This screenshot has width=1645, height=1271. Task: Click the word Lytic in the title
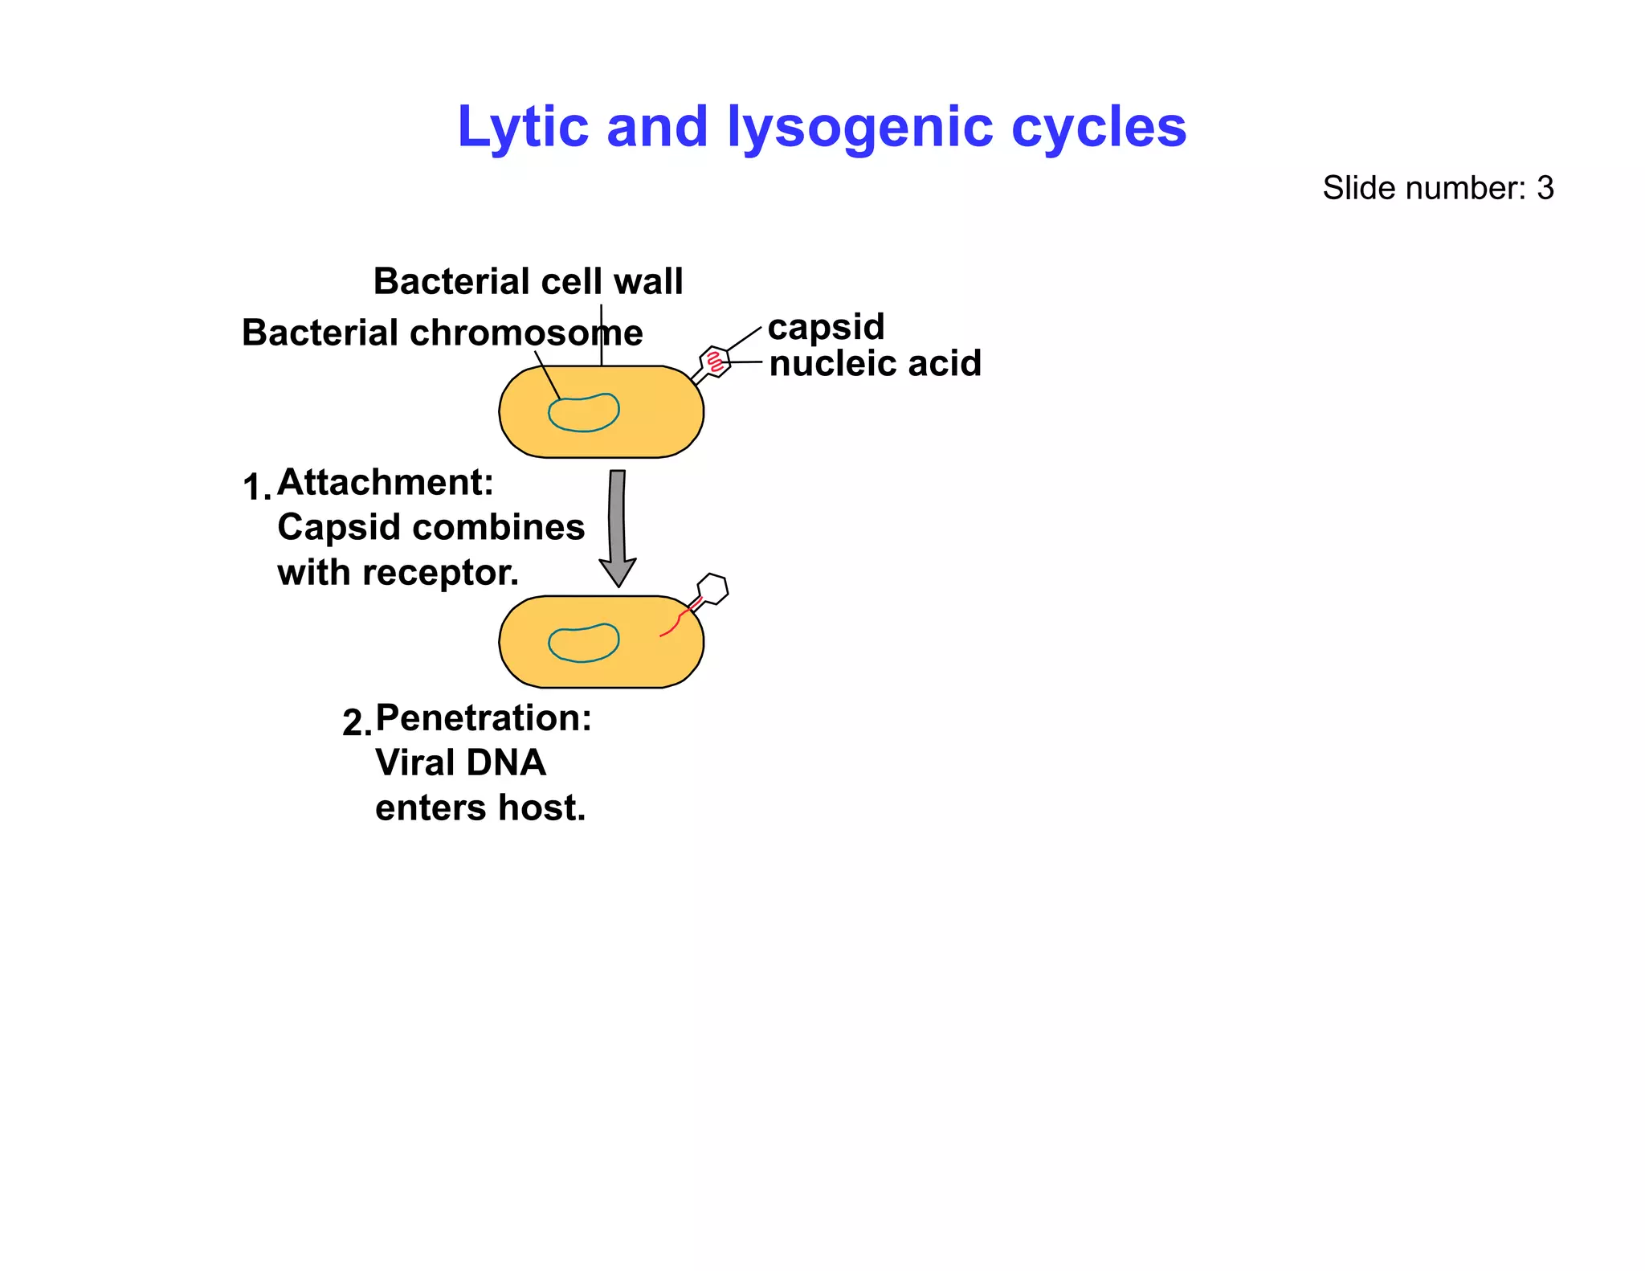[x=521, y=127]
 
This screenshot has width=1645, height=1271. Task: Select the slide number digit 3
[x=1545, y=188]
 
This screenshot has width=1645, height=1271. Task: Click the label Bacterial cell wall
[x=528, y=281]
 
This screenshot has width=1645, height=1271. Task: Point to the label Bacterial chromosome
[x=442, y=333]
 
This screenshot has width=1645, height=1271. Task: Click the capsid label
[x=825, y=327]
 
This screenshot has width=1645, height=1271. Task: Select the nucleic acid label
[x=875, y=363]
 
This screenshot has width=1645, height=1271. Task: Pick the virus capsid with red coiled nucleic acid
[x=714, y=362]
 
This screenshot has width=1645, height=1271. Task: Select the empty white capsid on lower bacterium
[x=712, y=589]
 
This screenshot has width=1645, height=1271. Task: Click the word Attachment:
[x=385, y=482]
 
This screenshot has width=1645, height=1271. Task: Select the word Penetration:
[x=483, y=717]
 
